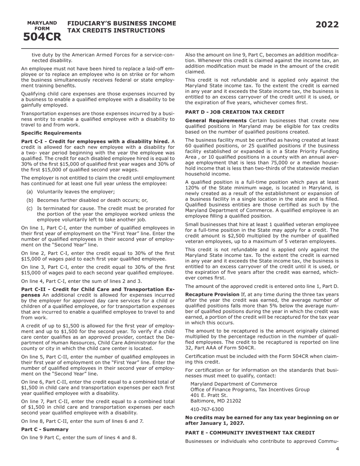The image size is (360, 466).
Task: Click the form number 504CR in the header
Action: (x=42, y=37)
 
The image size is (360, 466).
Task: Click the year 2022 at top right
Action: (x=327, y=25)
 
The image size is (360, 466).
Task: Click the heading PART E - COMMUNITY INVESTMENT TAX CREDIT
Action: (x=250, y=433)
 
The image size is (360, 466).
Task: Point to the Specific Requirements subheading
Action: (x=51, y=133)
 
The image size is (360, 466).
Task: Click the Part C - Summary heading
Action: (x=45, y=429)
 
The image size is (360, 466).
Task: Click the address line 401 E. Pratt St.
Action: (x=209, y=395)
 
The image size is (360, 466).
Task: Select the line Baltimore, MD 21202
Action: (x=216, y=401)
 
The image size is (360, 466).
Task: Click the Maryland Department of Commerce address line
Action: (x=233, y=384)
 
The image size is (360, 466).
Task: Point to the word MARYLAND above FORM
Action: (x=42, y=23)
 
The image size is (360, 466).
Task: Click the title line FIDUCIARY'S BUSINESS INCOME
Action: (x=122, y=23)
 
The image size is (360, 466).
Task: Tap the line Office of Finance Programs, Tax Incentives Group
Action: (x=250, y=389)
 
